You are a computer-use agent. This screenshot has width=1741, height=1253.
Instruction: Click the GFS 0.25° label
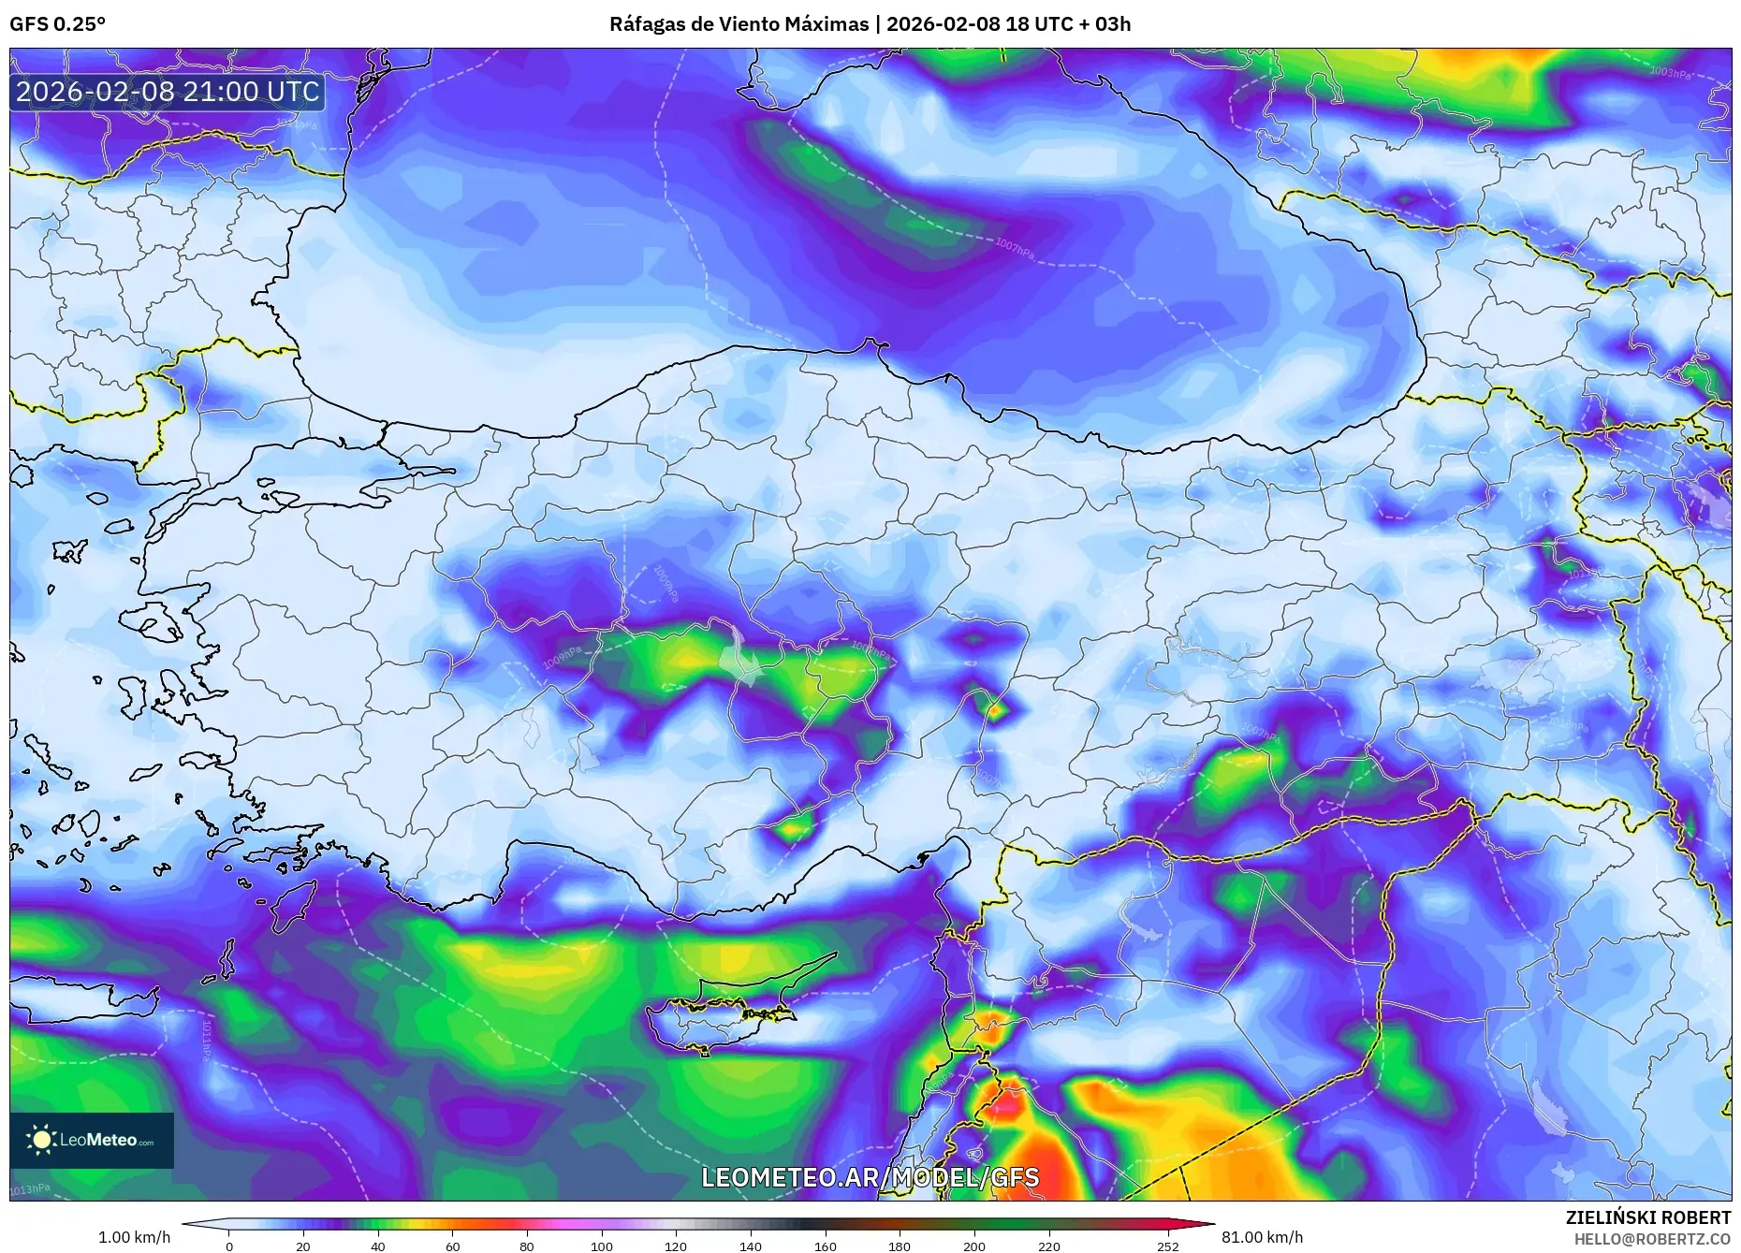57,24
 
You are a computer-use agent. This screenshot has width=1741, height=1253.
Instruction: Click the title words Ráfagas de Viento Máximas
739,24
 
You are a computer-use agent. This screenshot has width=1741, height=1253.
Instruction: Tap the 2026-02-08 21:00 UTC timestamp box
168,92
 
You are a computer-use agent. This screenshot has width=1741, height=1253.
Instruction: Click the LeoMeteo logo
92,1140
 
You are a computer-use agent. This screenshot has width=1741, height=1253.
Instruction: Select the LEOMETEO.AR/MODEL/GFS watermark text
870,1177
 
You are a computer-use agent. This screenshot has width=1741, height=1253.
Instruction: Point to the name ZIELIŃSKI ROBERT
1647,1217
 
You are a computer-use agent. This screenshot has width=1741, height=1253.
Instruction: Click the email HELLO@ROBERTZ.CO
1651,1239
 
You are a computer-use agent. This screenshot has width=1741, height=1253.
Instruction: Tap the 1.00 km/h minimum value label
134,1237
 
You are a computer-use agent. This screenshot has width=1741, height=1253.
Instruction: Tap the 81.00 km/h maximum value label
1262,1237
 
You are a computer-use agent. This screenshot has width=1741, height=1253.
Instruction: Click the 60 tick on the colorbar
452,1246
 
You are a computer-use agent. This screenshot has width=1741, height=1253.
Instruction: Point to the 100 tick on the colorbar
601,1246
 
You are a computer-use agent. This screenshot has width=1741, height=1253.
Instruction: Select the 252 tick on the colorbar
1166,1246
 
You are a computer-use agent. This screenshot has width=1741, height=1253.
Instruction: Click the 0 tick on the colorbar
228,1246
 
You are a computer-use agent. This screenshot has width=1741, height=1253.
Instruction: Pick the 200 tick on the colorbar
974,1246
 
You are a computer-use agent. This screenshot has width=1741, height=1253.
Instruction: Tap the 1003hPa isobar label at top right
1670,72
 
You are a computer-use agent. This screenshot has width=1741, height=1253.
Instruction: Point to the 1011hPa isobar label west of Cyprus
206,1039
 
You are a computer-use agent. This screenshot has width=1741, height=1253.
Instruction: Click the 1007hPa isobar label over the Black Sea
1015,249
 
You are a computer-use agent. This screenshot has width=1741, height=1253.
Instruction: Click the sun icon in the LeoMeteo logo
41,1140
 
